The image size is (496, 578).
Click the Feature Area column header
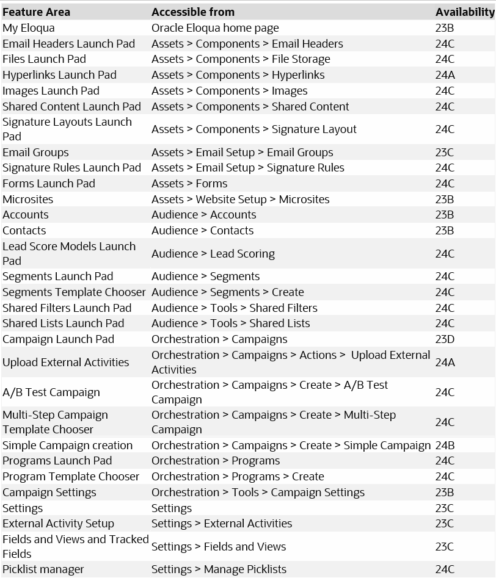coord(36,12)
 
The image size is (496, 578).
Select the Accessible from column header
coord(193,12)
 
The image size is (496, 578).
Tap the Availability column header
coord(464,12)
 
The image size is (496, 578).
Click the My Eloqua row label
coord(29,28)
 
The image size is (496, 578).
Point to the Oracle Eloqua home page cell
coord(215,28)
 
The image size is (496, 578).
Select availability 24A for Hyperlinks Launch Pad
coord(445,75)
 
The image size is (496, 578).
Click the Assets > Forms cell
coord(189,184)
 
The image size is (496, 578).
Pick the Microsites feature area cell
coord(27,200)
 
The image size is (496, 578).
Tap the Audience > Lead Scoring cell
coord(213,254)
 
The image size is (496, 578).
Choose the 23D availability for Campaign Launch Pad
coord(445,339)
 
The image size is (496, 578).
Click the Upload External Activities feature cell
coord(66,363)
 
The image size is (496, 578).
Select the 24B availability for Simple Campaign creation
coord(445,446)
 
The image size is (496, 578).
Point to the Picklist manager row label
coord(43,569)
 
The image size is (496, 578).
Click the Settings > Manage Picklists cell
coord(219,569)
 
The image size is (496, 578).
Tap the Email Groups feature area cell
coord(35,153)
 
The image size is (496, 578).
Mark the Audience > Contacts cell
coord(202,231)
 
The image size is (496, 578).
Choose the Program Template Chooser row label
coord(71,477)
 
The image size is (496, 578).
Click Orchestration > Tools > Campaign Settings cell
coord(258,493)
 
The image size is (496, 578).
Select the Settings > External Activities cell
coord(222,524)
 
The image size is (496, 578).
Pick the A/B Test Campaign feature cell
coord(51,392)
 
